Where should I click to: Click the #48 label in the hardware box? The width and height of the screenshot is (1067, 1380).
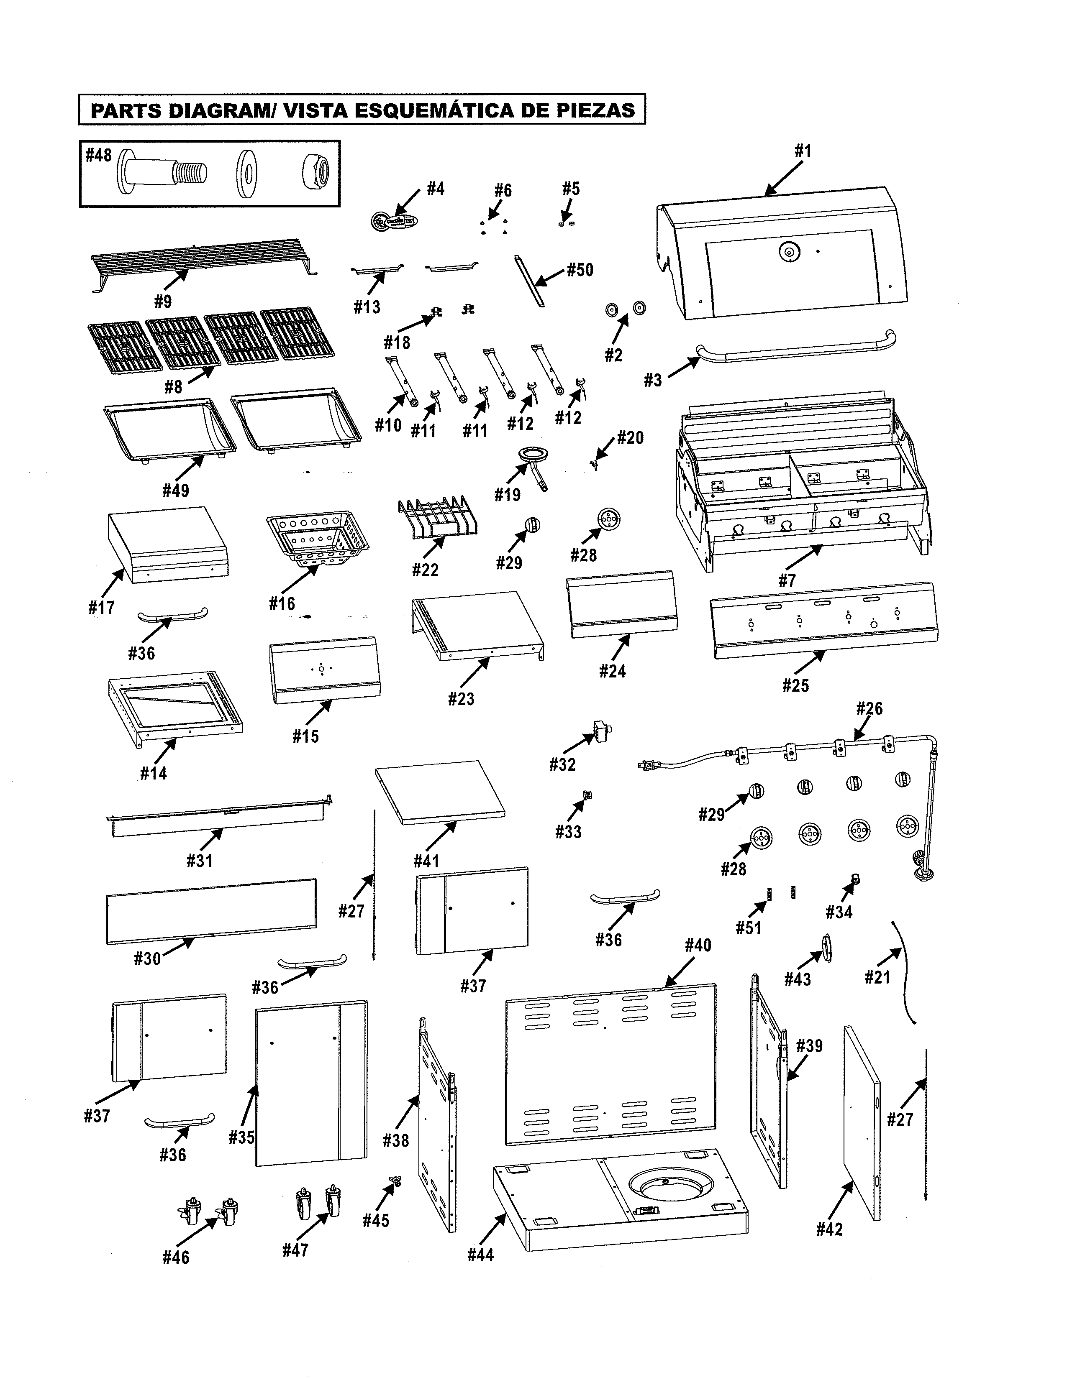point(99,156)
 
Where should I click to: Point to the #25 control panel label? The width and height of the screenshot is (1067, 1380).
point(795,685)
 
